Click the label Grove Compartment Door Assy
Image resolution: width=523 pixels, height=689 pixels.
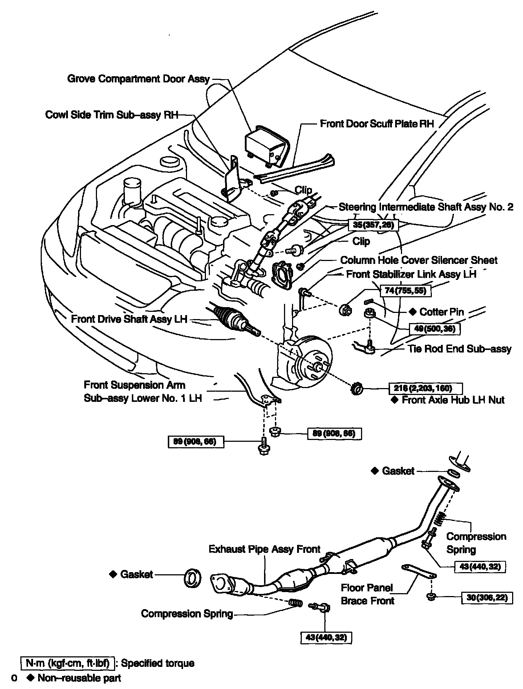tap(138, 79)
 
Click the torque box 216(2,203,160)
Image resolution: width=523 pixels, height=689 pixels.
tap(425, 388)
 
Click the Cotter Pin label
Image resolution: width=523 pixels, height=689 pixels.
tap(441, 312)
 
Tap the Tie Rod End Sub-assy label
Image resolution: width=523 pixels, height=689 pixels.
tap(459, 349)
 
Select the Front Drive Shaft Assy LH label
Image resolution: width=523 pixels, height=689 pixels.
tap(129, 319)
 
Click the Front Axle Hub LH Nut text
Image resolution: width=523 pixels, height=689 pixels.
tap(453, 400)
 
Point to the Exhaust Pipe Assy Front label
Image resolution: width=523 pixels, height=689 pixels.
tap(264, 549)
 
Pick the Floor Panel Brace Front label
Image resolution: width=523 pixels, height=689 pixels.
tap(367, 594)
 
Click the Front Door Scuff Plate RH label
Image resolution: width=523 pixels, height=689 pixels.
tap(377, 124)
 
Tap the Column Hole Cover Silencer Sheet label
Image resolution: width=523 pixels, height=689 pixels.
tap(419, 260)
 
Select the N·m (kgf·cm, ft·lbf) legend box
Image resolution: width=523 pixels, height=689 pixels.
tap(68, 663)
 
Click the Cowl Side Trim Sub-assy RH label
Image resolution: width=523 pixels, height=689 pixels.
tap(112, 115)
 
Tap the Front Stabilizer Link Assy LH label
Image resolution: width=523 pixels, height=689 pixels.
tap(411, 274)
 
